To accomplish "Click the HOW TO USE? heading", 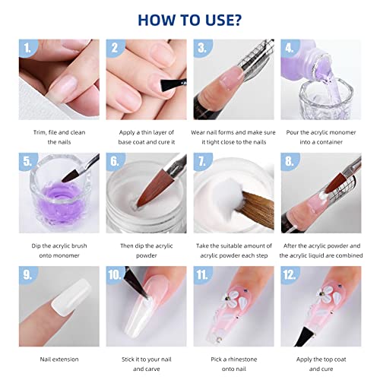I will [x=190, y=17].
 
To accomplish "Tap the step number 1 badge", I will [x=28, y=49].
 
